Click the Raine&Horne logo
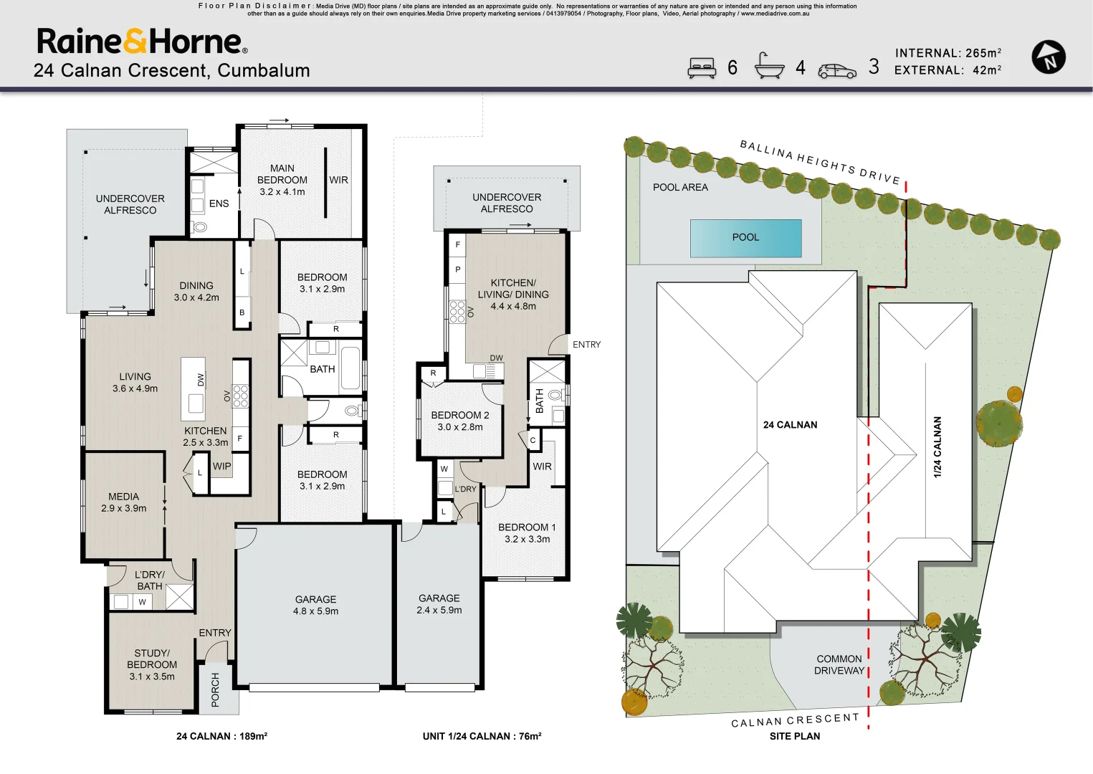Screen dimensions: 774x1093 142,42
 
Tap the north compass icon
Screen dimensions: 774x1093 1048,57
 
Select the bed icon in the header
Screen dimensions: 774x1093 702,67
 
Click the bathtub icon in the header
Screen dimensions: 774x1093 769,66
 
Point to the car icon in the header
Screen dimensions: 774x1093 836,70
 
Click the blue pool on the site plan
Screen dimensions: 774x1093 745,238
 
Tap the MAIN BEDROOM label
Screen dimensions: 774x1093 282,174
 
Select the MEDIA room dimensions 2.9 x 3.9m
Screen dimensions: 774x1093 123,508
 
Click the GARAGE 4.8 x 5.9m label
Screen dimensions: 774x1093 315,605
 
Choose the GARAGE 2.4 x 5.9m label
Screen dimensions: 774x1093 439,603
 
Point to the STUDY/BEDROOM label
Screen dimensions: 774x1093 152,664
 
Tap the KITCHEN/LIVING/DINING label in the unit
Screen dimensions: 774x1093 513,294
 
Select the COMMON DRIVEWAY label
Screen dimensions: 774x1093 839,664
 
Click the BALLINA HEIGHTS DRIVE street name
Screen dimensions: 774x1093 819,162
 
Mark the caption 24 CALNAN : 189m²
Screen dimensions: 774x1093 221,736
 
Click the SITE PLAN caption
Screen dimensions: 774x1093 794,736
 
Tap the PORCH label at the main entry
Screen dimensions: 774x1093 216,689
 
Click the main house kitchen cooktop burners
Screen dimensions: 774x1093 241,396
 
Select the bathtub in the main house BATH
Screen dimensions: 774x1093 350,368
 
